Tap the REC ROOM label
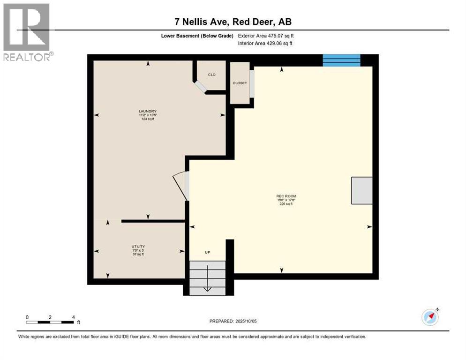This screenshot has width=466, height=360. (x=286, y=196)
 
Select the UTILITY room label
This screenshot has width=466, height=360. (x=138, y=247)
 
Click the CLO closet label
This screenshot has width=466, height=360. (x=212, y=75)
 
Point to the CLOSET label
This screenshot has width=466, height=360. (x=240, y=83)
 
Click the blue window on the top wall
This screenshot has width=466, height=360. (x=341, y=60)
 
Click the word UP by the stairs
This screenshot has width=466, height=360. (x=207, y=252)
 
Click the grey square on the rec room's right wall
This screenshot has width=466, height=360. (x=362, y=190)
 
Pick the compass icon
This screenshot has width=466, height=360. (x=430, y=317)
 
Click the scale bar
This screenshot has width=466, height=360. (x=50, y=322)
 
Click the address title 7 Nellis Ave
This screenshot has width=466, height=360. (x=233, y=22)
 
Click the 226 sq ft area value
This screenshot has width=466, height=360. (x=286, y=204)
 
